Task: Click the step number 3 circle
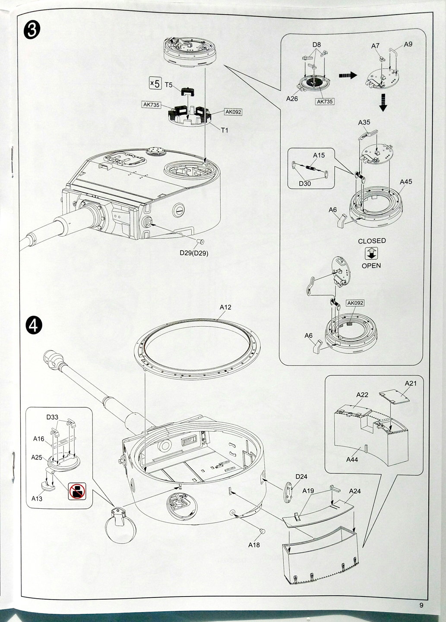click(32, 31)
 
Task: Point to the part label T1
click(224, 130)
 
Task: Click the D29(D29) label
click(194, 253)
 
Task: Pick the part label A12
click(225, 307)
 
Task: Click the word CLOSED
click(372, 241)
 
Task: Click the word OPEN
click(371, 266)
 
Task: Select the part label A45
click(405, 182)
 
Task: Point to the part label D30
click(305, 184)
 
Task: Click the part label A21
click(411, 383)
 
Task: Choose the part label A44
click(352, 460)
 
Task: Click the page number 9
click(421, 605)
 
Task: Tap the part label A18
click(254, 545)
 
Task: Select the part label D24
click(301, 476)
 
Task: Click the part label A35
click(364, 122)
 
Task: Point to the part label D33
click(52, 417)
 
